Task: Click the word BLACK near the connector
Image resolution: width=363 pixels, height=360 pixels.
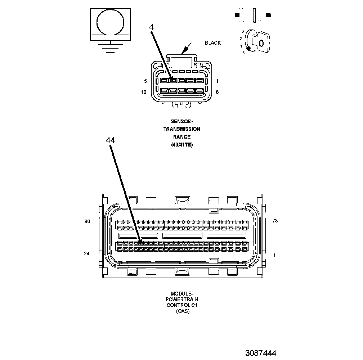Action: click(x=213, y=43)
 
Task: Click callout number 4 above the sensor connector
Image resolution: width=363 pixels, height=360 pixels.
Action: click(x=152, y=27)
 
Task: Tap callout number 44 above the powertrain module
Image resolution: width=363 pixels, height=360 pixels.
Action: click(x=110, y=140)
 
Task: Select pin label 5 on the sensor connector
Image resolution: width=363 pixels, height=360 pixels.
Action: click(x=145, y=81)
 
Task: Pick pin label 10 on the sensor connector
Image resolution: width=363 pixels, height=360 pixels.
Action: click(x=144, y=92)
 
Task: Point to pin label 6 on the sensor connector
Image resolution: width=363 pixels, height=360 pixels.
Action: click(x=217, y=92)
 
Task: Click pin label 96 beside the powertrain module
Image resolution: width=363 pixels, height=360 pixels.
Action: click(x=87, y=222)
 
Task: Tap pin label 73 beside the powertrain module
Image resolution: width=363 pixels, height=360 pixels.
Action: click(x=275, y=221)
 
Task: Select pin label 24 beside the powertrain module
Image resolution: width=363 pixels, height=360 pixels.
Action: click(x=86, y=254)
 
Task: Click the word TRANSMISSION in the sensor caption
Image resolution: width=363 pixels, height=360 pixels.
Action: click(x=181, y=129)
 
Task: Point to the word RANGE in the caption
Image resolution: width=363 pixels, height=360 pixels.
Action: click(x=181, y=137)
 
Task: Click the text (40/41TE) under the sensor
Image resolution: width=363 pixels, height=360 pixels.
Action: click(x=181, y=145)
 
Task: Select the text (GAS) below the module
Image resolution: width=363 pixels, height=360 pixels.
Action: click(x=183, y=311)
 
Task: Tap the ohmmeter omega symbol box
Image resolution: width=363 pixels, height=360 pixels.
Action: click(x=110, y=24)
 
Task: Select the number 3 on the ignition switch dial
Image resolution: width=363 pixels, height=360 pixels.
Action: click(x=243, y=31)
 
